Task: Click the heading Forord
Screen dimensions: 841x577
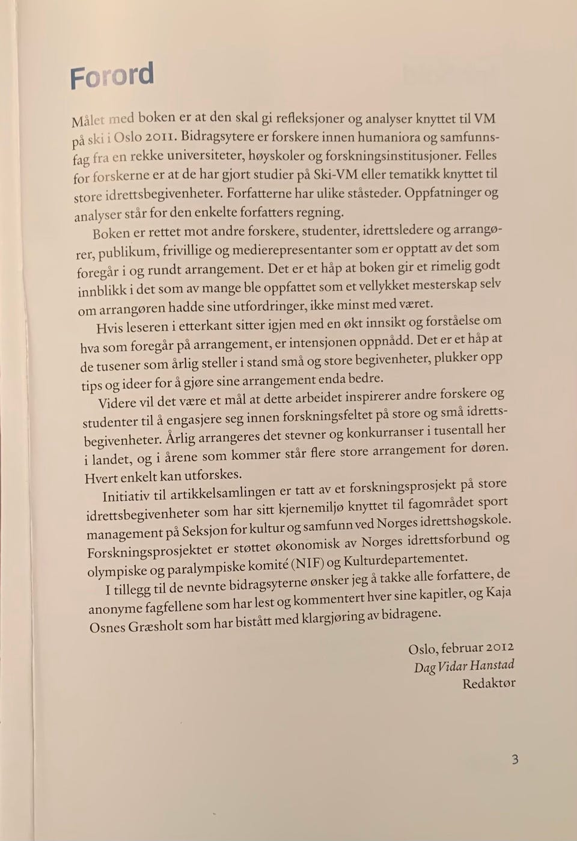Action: tap(112, 76)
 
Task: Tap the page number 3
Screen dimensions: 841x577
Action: tap(514, 759)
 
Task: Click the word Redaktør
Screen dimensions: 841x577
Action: tap(489, 684)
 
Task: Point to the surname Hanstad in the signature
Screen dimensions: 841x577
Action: tap(491, 665)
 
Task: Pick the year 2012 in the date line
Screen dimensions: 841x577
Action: tap(499, 647)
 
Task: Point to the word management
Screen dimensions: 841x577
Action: tap(124, 533)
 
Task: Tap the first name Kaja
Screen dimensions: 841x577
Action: tap(498, 592)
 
